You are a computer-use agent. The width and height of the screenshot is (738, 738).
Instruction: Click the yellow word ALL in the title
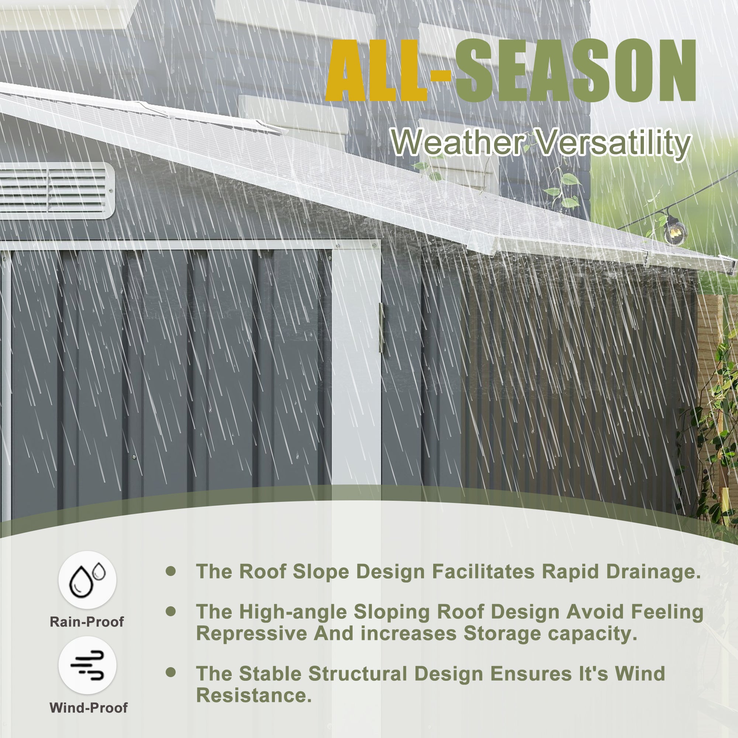click(x=376, y=71)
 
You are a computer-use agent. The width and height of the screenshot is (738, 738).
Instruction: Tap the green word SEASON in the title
click(x=576, y=71)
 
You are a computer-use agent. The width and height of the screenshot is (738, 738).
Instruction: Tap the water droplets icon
click(x=87, y=579)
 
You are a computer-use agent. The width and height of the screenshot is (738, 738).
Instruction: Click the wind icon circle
click(x=87, y=665)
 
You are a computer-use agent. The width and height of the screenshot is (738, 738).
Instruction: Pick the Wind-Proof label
click(x=89, y=708)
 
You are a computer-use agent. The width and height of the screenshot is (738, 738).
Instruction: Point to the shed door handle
click(x=381, y=328)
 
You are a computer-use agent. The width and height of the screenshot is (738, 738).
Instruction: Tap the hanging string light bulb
click(x=675, y=230)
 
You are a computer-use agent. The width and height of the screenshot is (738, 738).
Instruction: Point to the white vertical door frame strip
click(x=356, y=367)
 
